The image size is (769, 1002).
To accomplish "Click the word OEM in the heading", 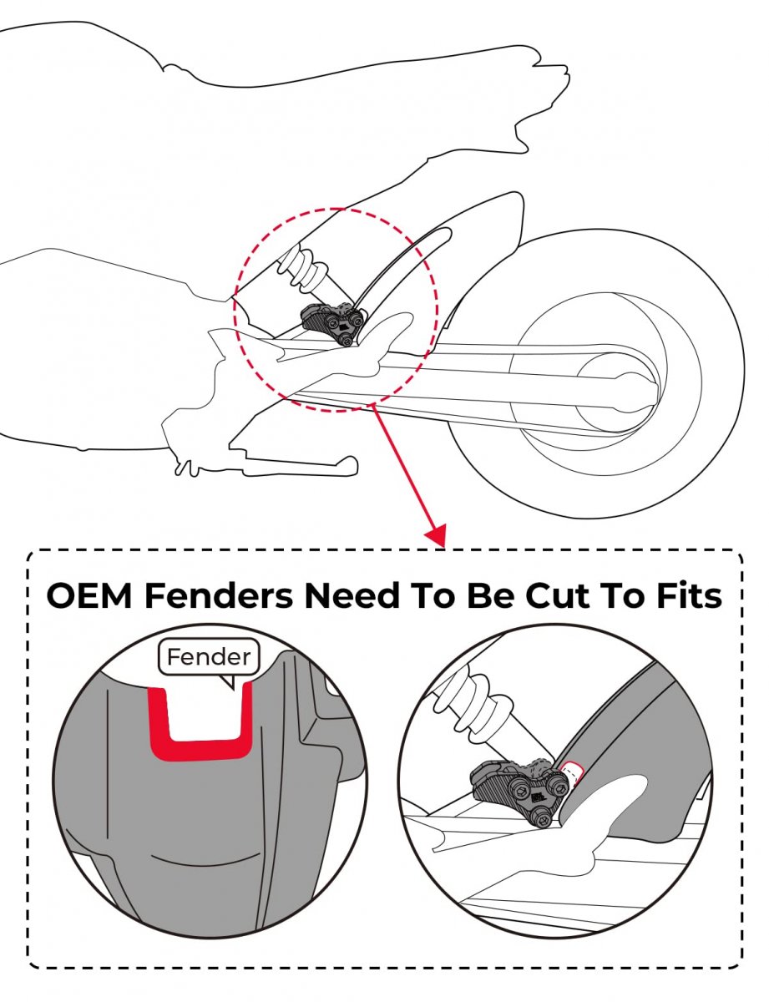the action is tap(89, 595).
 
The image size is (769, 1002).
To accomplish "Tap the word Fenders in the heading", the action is tap(219, 595).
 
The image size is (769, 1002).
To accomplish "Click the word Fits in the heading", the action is tap(689, 595).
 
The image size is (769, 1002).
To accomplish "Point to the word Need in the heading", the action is tap(352, 595).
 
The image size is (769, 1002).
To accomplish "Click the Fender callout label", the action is tap(209, 656).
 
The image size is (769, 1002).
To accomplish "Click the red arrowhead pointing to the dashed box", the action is tap(436, 535).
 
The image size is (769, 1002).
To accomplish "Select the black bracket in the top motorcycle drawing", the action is tap(332, 323).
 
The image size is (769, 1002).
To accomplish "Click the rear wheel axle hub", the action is tap(615, 389).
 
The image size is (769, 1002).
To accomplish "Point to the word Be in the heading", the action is tap(489, 595).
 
